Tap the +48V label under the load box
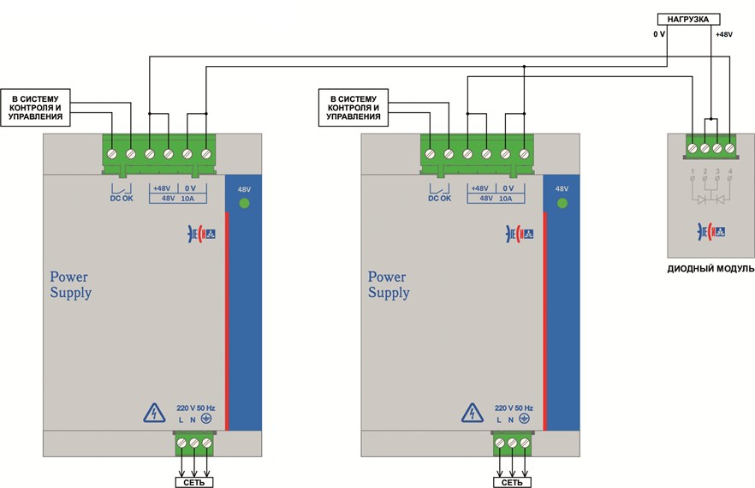pyautogui.click(x=722, y=34)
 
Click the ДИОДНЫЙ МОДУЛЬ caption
pyautogui.click(x=710, y=269)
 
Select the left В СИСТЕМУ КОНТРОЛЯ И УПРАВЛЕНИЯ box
pyautogui.click(x=36, y=108)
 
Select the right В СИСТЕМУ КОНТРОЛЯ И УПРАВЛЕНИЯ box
pyautogui.click(x=354, y=108)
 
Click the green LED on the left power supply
pyautogui.click(x=243, y=203)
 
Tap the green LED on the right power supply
pyautogui.click(x=562, y=203)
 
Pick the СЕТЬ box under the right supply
pyautogui.click(x=512, y=482)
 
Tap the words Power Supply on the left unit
pyautogui.click(x=70, y=284)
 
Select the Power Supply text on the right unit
pyautogui.click(x=389, y=284)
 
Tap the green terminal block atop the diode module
pyautogui.click(x=711, y=148)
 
